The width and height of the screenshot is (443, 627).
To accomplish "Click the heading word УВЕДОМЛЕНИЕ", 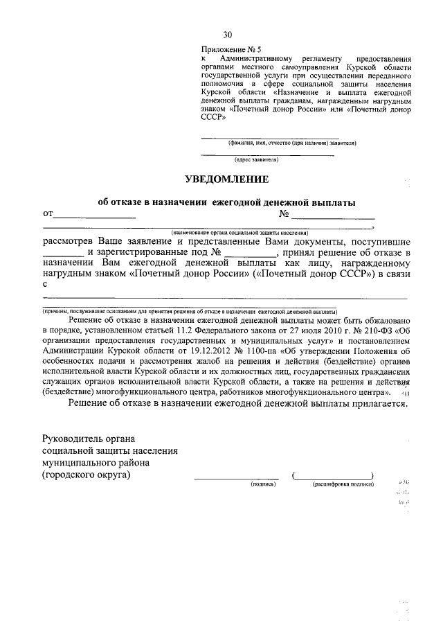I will (x=226, y=179).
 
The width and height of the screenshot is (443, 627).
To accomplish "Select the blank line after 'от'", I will (x=93, y=217).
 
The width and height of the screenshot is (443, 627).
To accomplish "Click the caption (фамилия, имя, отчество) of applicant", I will (x=292, y=143).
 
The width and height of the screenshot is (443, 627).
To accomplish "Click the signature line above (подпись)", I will (x=235, y=478).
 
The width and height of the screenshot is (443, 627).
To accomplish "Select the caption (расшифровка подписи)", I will (x=343, y=484).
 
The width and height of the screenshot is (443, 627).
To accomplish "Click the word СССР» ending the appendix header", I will (x=213, y=118).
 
